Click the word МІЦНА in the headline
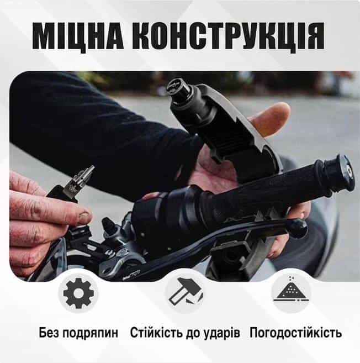pos(78,36)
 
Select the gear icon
pos(78,293)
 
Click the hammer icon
pos(186,292)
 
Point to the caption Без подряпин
pos(78,333)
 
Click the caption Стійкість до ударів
pos(185,333)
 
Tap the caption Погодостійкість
pos(295,333)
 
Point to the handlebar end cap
pos(340,172)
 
